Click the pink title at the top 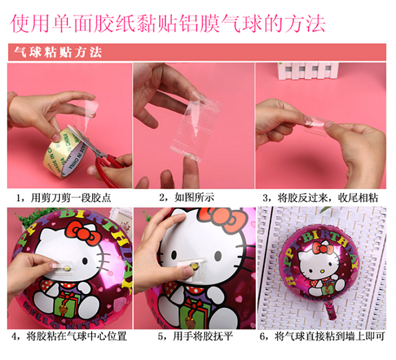pos(168,24)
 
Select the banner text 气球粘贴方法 pos(58,52)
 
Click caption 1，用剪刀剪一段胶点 pos(64,198)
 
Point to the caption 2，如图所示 pos(187,197)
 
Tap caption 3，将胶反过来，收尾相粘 pos(321,198)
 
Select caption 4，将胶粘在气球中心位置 pos(69,336)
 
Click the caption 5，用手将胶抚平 pos(196,336)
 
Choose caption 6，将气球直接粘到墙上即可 pos(322,336)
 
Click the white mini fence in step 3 pos(308,71)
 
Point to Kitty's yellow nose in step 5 pos(194,265)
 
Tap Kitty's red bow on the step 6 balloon pos(322,249)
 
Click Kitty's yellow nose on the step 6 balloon pos(322,272)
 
